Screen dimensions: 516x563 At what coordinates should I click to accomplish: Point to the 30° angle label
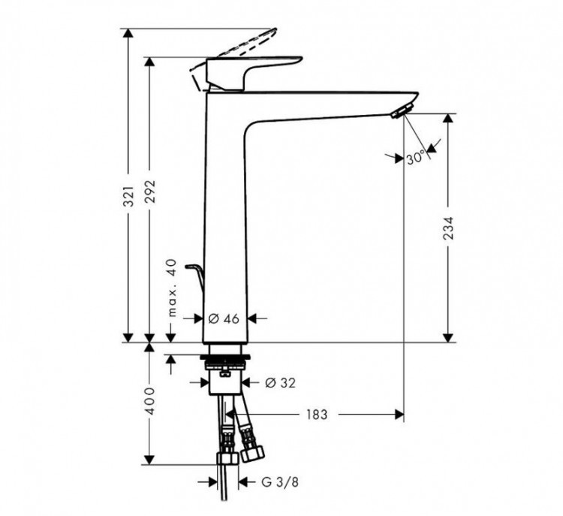coord(415,158)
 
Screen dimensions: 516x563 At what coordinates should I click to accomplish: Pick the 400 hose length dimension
coord(150,402)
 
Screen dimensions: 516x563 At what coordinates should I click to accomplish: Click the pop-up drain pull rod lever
coord(197,273)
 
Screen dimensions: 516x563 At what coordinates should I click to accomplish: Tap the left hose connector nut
coord(225,459)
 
